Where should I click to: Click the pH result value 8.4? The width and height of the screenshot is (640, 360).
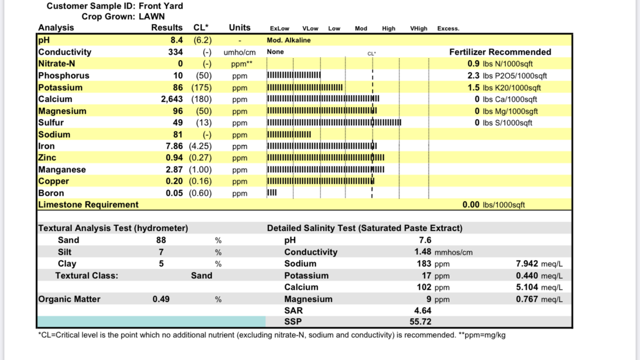coord(177,40)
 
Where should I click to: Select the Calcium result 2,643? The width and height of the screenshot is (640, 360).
coord(172,99)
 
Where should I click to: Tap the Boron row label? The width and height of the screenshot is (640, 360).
coord(51,193)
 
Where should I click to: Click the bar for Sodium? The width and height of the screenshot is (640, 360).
coord(289,134)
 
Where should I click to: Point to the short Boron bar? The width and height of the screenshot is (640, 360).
coord(272,192)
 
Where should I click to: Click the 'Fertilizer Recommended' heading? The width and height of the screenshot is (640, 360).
coord(500,52)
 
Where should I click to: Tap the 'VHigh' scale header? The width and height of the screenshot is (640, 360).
coord(418,28)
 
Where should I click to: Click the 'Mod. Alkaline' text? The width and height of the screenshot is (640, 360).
coord(288,40)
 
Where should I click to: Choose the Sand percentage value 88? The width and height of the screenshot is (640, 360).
coord(161,240)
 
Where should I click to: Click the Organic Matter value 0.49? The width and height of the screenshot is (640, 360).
coord(161,299)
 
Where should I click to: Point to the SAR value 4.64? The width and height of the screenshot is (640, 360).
coord(423,310)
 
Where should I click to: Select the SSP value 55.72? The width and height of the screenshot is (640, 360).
coord(420,321)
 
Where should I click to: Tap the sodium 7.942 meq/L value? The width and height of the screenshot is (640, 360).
coord(527,263)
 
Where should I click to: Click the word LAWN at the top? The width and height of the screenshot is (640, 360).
coord(151,16)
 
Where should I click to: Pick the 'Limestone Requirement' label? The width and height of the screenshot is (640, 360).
coord(88,204)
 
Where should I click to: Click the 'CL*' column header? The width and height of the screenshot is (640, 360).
coord(201,27)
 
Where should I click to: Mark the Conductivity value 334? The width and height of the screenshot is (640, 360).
coord(175,52)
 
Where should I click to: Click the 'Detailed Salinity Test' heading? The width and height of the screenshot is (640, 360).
coord(364,228)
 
